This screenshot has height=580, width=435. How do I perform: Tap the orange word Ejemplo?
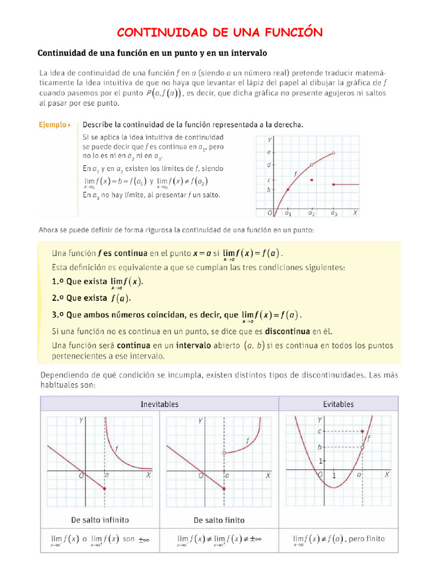[52, 124]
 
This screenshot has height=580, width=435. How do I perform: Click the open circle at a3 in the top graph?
[334, 153]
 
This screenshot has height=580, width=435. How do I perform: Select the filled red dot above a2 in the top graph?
[312, 179]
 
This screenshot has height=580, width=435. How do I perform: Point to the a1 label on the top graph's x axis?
[288, 214]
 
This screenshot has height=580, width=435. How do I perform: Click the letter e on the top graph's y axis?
[268, 152]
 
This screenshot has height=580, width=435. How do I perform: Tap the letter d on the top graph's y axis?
[268, 165]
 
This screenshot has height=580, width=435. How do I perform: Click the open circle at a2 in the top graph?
[312, 165]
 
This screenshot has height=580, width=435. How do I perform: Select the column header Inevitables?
[159, 404]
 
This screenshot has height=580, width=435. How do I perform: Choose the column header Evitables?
[338, 404]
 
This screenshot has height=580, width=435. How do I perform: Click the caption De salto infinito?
[100, 519]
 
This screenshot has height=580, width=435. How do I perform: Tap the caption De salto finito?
[219, 519]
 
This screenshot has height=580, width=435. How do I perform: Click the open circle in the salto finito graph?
[225, 453]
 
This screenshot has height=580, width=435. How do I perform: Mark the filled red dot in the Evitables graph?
[362, 431]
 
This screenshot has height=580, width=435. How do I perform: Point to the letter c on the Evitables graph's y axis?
[319, 431]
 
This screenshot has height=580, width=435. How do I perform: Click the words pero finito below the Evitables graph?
[366, 538]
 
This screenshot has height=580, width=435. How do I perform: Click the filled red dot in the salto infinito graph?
[105, 488]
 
